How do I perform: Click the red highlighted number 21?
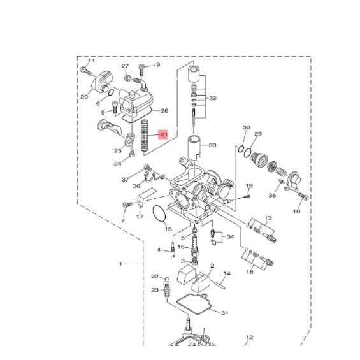(x=163, y=134)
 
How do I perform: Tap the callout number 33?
(x=212, y=145)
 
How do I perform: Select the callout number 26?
(x=164, y=111)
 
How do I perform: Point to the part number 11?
(x=91, y=61)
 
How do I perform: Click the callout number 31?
(x=225, y=313)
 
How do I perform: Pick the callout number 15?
(x=168, y=229)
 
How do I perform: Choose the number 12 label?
(x=250, y=337)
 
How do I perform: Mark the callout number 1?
(x=120, y=264)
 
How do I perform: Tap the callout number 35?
(x=272, y=196)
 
